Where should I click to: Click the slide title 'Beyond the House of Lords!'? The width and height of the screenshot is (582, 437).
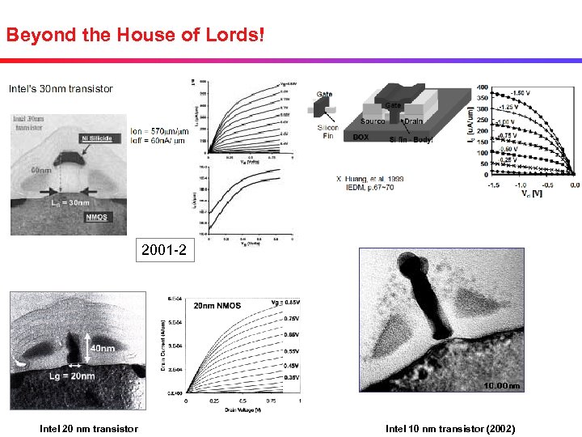135,36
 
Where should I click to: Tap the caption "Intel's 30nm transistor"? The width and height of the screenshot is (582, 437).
61,88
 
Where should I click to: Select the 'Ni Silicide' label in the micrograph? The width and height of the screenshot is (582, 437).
95,138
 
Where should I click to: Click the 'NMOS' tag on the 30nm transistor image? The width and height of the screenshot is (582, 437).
98,217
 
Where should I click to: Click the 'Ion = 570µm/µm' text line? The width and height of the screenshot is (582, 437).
159,131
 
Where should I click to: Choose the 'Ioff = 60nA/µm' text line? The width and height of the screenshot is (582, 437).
158,141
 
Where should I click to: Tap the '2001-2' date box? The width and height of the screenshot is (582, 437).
163,251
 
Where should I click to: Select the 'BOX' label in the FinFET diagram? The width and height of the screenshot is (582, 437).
361,138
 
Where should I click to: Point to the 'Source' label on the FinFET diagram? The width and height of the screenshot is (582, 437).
373,121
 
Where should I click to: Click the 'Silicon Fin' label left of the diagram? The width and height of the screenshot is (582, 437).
328,132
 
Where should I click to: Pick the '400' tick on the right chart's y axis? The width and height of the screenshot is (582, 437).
480,87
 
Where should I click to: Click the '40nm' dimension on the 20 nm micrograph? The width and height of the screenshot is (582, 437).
103,348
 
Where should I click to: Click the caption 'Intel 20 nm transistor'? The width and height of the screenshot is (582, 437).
89,429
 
